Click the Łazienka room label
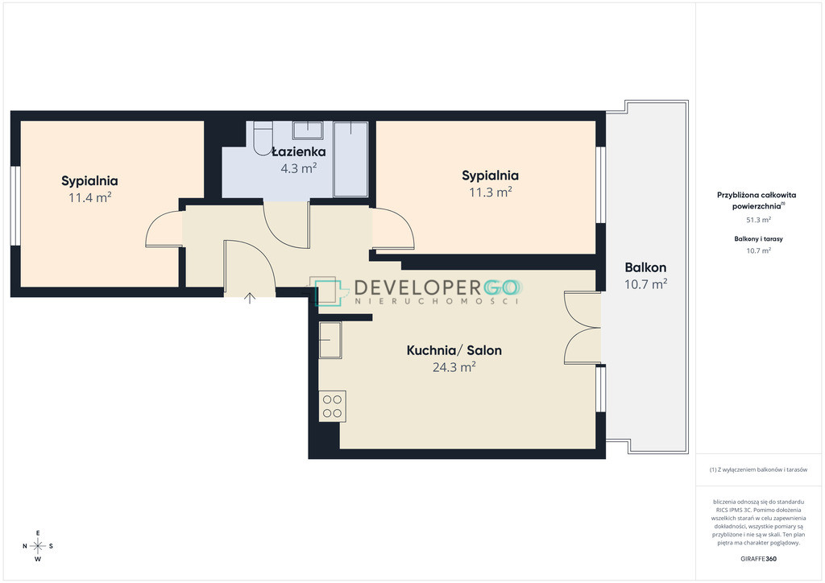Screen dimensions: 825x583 (299, 152)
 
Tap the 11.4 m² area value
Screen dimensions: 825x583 (89, 197)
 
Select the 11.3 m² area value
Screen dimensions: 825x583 (491, 192)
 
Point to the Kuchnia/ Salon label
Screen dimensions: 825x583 (454, 350)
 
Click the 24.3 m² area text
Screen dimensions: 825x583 (454, 367)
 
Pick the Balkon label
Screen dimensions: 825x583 (645, 267)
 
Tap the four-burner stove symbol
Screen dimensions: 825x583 (333, 407)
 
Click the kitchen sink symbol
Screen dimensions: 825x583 (330, 340)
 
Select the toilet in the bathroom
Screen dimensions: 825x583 (263, 139)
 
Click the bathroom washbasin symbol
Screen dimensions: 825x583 (308, 130)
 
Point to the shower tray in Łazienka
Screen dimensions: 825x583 (351, 159)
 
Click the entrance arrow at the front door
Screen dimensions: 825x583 (250, 299)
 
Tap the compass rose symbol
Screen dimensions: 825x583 (38, 546)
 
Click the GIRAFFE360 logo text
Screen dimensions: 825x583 (758, 559)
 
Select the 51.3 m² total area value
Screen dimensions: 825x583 (759, 220)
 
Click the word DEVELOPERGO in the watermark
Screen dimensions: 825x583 (436, 287)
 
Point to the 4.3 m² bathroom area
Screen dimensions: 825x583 (298, 169)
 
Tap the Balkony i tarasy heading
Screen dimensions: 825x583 (759, 238)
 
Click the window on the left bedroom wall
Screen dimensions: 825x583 (16, 205)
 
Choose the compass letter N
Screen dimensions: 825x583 (25, 546)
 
